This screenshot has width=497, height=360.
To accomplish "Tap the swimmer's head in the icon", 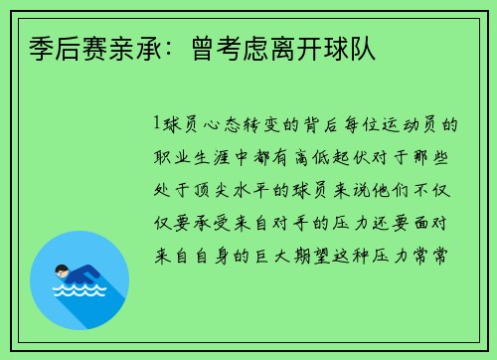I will (62, 270).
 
